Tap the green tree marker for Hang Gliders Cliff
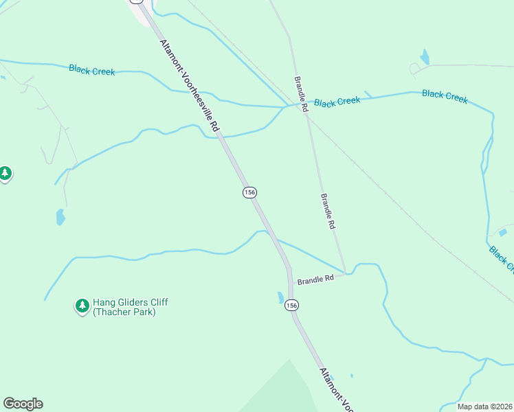tap(82, 306)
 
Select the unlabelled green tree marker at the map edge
tap(5, 173)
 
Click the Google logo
tap(23, 404)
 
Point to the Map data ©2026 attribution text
tap(484, 407)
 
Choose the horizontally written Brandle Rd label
tap(315, 279)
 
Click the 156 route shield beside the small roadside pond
tap(291, 305)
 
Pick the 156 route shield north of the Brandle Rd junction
tap(249, 193)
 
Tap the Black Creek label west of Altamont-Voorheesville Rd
tap(91, 69)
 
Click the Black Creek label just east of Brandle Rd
tap(337, 102)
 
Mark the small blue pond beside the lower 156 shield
tap(281, 298)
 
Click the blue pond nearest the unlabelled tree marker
tap(60, 218)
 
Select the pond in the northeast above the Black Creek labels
tap(425, 57)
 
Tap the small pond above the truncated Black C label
tap(502, 233)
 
